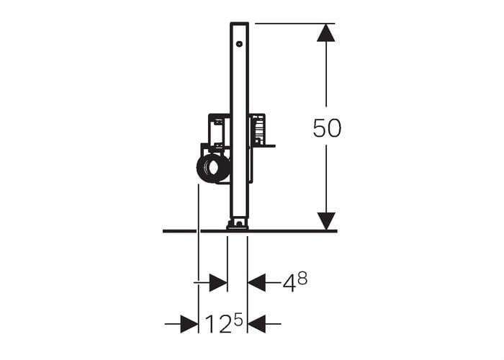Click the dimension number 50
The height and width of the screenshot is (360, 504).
(327, 127)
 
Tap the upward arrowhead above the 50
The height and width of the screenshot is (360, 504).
(326, 33)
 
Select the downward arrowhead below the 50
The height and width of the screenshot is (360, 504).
(326, 221)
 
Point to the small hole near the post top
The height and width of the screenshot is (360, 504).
(239, 44)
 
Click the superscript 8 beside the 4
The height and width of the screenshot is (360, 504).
(302, 279)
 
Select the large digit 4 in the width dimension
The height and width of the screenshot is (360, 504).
(289, 284)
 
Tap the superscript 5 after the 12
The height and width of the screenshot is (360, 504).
(238, 320)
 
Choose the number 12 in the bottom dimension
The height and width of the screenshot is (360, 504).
(218, 324)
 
